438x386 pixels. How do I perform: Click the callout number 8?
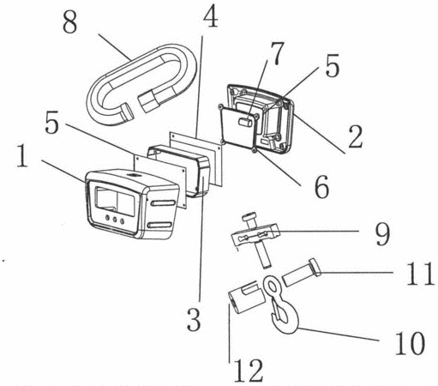pyautogui.click(x=70, y=23)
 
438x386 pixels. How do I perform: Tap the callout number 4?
pyautogui.click(x=211, y=16)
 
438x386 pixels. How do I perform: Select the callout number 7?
pyautogui.click(x=277, y=54)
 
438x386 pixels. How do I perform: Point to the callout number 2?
pyautogui.click(x=355, y=137)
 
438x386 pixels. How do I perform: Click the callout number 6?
pyautogui.click(x=321, y=186)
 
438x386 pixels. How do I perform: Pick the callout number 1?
pyautogui.click(x=22, y=156)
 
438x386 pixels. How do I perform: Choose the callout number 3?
pyautogui.click(x=194, y=320)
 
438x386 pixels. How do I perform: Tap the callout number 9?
pyautogui.click(x=382, y=235)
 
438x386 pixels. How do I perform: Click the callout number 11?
pyautogui.click(x=420, y=274)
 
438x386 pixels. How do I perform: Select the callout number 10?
pyautogui.click(x=410, y=344)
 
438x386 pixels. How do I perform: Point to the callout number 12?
pyautogui.click(x=249, y=371)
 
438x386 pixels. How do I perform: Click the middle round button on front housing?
pyautogui.click(x=115, y=220)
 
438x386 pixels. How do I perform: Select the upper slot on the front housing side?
pyautogui.click(x=163, y=203)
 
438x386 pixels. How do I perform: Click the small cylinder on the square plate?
pyautogui.click(x=246, y=122)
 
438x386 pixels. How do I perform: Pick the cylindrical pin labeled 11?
pyautogui.click(x=302, y=273)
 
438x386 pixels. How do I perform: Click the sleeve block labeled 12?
pyautogui.click(x=246, y=298)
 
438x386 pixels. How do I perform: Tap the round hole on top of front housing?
pyautogui.click(x=134, y=175)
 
